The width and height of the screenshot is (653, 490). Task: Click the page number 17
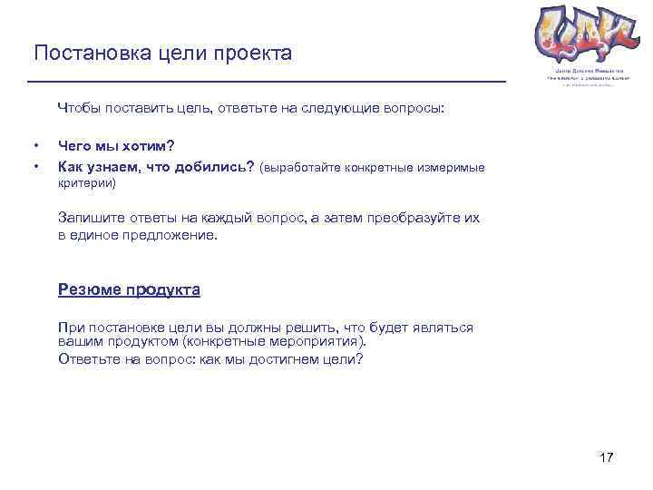coord(607,457)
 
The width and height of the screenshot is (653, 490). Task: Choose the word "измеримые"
coord(453,167)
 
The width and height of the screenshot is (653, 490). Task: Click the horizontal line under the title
coord(268,82)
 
